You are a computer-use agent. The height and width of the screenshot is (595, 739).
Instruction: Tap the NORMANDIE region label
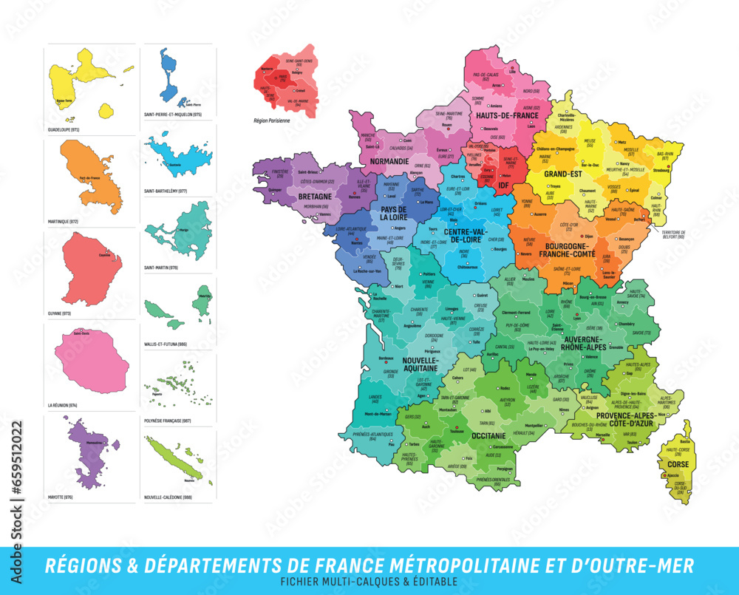pyautogui.click(x=389, y=160)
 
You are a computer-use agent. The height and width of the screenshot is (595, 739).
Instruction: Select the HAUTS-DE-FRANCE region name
pyautogui.click(x=507, y=115)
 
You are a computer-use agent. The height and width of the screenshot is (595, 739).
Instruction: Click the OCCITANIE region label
pyautogui.click(x=488, y=436)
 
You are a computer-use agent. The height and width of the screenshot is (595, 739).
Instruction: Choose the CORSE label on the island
pyautogui.click(x=678, y=465)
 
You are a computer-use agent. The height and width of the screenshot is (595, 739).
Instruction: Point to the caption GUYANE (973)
pyautogui.click(x=60, y=313)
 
